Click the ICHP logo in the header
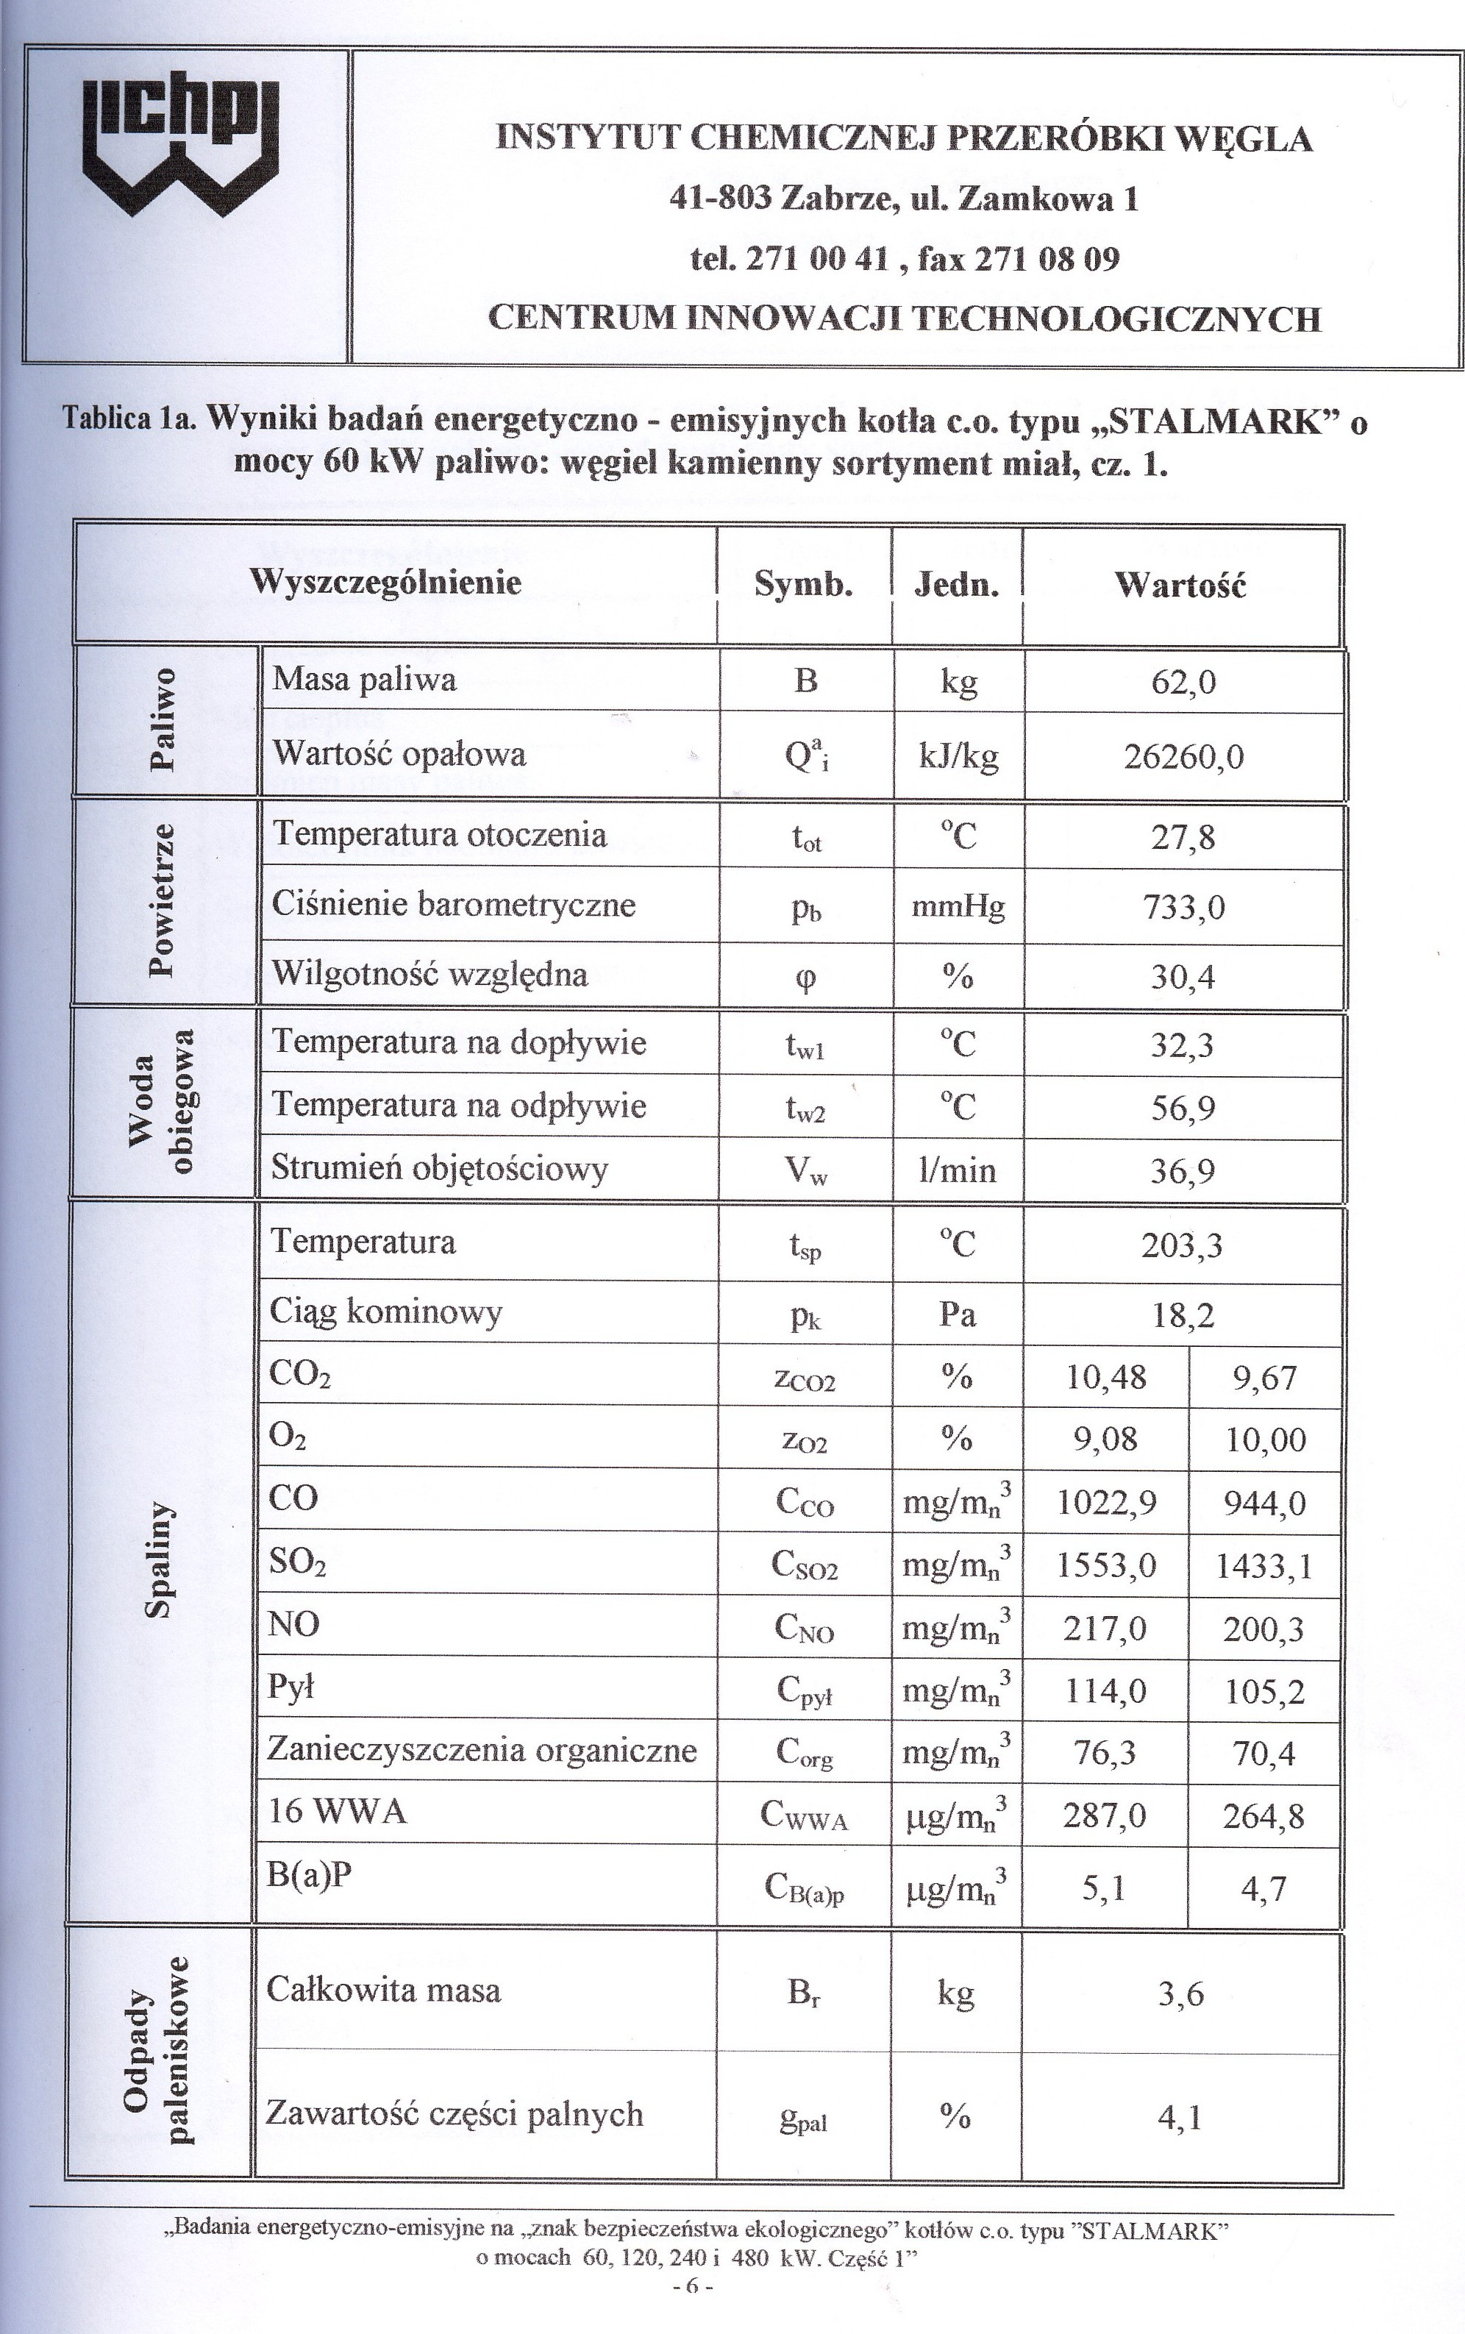181,146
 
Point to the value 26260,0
1183,757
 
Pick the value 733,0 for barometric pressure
1183,908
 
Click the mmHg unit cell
958,907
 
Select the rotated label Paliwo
163,718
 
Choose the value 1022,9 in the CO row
1105,1502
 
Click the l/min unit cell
958,1170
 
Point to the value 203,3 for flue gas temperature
1181,1245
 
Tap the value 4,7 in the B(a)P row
1263,1888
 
